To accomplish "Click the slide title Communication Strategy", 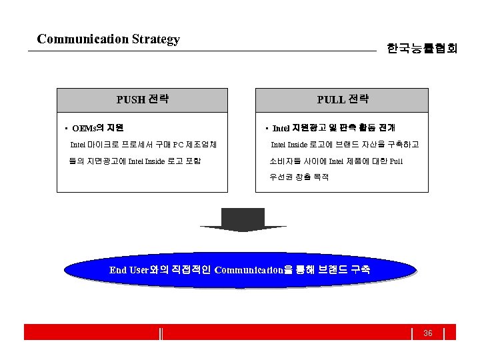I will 109,39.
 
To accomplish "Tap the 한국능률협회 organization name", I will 421,49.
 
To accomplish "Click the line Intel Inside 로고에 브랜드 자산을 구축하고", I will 344,145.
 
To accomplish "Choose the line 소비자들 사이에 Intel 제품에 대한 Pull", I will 336,161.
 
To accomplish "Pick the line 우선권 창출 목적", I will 299,177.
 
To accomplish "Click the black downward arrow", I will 243,220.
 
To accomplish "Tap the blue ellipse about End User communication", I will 240,271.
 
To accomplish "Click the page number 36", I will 428,333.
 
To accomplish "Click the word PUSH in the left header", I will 131,101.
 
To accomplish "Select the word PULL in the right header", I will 331,101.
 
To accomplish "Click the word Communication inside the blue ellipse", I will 249,271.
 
